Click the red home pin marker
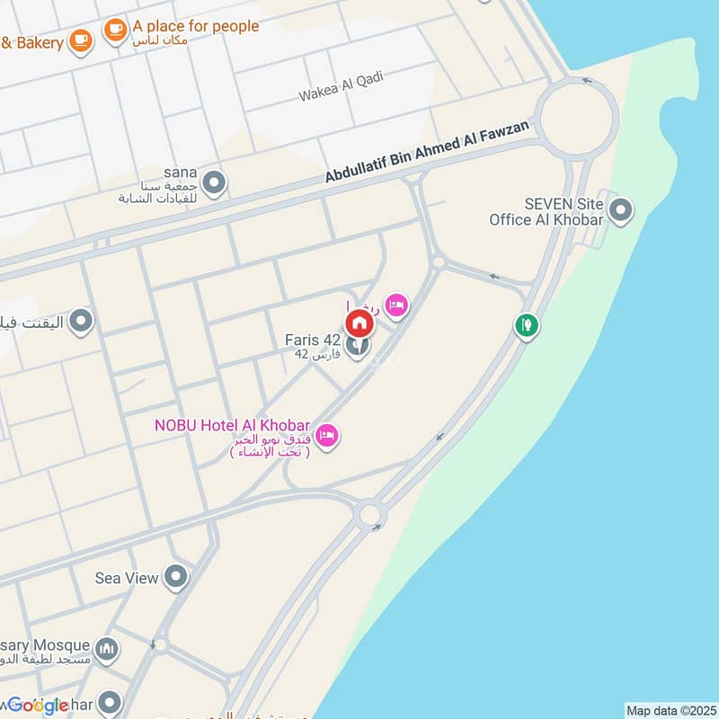359,323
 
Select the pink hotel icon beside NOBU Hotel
328,436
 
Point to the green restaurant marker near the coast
527,324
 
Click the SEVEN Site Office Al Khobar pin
620,212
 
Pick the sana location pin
214,183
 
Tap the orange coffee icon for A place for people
115,31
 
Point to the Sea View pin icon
176,577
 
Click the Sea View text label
127,578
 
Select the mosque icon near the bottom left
107,648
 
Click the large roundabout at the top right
576,117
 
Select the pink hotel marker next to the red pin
396,306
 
